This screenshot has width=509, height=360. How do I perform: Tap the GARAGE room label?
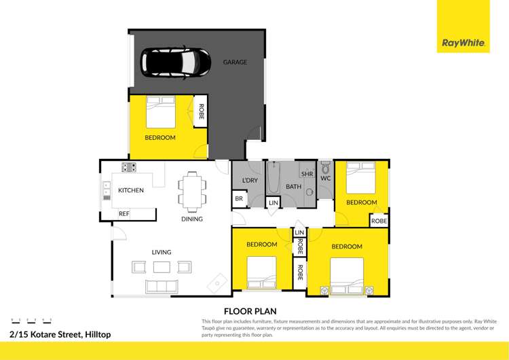(x=235, y=62)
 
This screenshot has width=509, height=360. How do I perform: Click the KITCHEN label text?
(x=131, y=190)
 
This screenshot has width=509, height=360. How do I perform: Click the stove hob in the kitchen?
(x=128, y=167)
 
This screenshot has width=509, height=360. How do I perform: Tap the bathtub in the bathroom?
(x=274, y=177)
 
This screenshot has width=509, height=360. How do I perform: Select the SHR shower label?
(x=307, y=174)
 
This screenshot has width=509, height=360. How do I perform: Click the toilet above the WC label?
(x=325, y=167)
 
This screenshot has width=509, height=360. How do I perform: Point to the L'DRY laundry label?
(x=249, y=180)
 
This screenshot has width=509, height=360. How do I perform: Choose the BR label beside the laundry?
(x=239, y=199)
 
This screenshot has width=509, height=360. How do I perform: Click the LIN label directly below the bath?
(x=273, y=202)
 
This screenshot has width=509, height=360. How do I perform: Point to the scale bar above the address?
(x=32, y=320)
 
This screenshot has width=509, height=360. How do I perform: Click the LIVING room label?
(x=162, y=252)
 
